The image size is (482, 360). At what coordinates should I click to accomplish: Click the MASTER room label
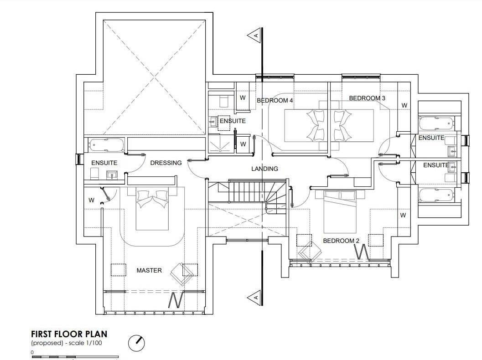(x=149, y=270)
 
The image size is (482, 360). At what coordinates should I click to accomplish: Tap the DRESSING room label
(x=166, y=163)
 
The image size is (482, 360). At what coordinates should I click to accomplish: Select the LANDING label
(x=264, y=169)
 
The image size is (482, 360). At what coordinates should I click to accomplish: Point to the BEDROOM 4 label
(x=275, y=100)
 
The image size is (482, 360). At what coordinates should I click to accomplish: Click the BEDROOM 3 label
(x=367, y=98)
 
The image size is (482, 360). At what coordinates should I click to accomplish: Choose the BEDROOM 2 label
(x=341, y=241)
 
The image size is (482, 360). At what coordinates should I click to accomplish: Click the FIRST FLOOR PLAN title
(x=69, y=334)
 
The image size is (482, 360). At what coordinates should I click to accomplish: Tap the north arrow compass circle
(x=136, y=343)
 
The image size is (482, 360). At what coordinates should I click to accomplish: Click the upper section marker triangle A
(x=254, y=36)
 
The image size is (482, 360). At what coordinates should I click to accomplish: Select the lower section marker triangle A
(x=254, y=297)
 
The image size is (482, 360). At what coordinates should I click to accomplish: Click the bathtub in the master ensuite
(x=107, y=145)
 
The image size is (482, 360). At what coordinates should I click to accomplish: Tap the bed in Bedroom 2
(x=340, y=211)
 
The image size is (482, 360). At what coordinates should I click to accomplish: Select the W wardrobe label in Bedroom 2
(x=403, y=216)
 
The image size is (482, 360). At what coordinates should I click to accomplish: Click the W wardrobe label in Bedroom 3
(x=404, y=105)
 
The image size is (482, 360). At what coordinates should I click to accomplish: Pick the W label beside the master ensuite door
(x=91, y=200)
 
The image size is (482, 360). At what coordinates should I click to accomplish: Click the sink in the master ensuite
(x=112, y=175)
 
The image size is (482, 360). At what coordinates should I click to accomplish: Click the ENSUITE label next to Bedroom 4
(x=233, y=121)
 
